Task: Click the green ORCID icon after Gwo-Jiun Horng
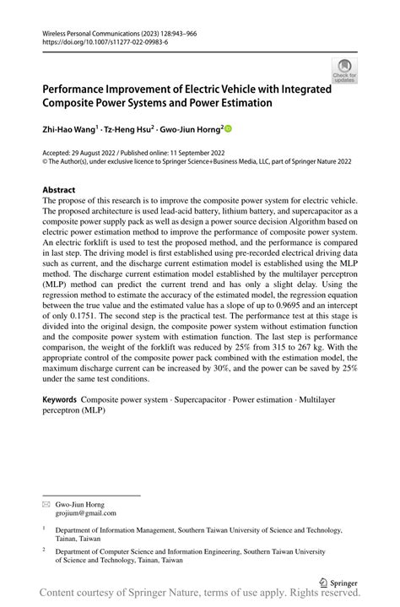click(x=228, y=129)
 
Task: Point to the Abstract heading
click(x=59, y=190)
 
